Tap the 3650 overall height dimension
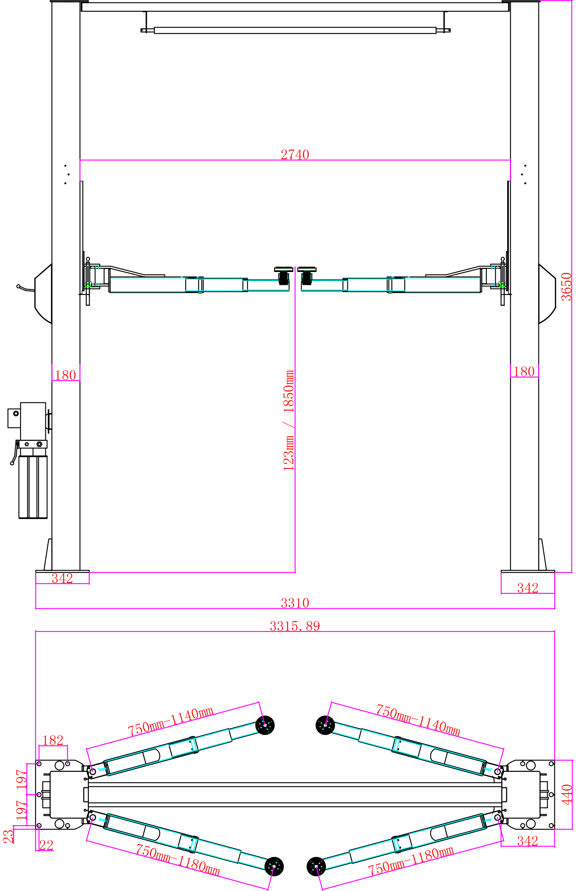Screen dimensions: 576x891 coord(567,287)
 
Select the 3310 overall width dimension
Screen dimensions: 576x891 coord(295,603)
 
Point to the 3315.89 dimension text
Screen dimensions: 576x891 coord(295,626)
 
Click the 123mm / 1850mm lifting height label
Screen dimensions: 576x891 coord(289,420)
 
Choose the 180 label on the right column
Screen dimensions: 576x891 coord(524,371)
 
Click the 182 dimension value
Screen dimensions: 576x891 coord(53,740)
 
